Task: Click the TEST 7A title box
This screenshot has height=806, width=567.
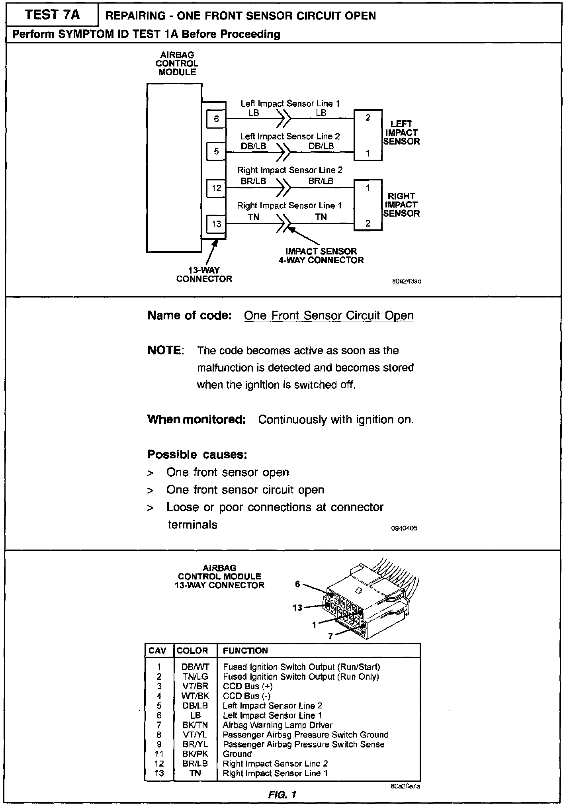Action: [52, 15]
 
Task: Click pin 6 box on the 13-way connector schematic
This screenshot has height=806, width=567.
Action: [216, 119]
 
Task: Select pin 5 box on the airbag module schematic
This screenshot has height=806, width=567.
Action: [216, 151]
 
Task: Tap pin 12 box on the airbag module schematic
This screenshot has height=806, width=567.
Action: [216, 188]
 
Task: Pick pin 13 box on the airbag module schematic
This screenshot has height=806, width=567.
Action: [216, 224]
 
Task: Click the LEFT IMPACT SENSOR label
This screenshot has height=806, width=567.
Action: [401, 133]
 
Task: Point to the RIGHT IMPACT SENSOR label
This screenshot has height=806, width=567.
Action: [401, 205]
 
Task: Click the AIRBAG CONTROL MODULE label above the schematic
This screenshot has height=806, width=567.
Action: [177, 64]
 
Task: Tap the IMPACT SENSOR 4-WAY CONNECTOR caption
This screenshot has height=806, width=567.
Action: [321, 256]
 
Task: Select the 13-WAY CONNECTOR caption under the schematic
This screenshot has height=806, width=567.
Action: [204, 274]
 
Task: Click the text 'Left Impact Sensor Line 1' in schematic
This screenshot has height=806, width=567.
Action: [290, 104]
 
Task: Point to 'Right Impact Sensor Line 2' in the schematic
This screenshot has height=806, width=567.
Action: [290, 170]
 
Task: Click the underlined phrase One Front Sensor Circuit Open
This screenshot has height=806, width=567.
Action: [328, 315]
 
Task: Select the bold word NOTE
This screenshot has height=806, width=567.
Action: [164, 350]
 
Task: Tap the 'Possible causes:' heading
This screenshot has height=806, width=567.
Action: [197, 454]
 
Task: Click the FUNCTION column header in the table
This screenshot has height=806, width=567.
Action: [245, 651]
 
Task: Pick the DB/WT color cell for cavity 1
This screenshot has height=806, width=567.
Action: [195, 667]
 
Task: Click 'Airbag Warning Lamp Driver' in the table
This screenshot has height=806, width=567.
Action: [277, 725]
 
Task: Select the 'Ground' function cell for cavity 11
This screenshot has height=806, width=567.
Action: [237, 754]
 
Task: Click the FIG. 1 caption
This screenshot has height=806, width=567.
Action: [282, 795]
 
